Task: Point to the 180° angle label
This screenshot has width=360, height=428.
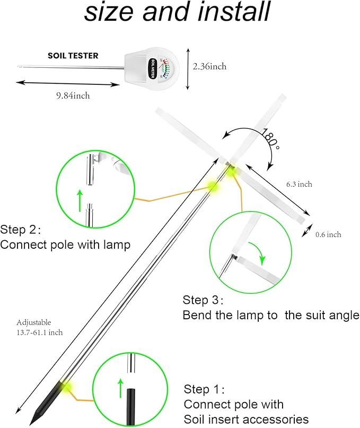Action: [x=269, y=139]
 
